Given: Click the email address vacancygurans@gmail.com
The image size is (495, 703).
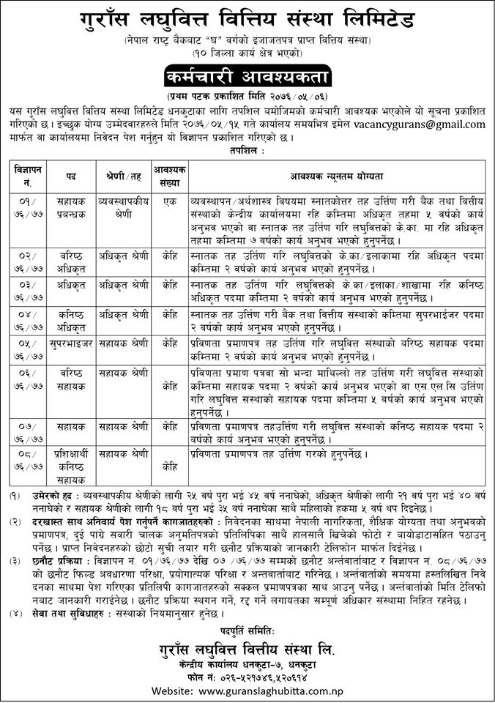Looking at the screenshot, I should coord(414,125).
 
